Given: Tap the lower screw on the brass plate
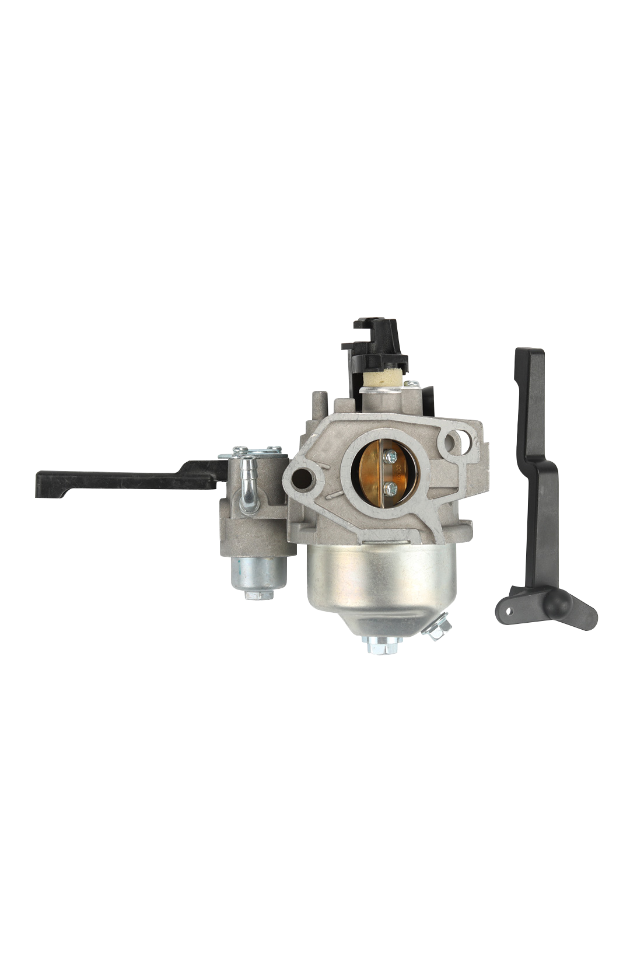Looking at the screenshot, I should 391,488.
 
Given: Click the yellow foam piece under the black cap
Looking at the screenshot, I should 381,378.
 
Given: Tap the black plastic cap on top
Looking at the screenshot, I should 373,344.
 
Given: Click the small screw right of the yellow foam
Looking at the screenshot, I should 412,384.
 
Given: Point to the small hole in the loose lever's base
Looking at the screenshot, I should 509,611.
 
